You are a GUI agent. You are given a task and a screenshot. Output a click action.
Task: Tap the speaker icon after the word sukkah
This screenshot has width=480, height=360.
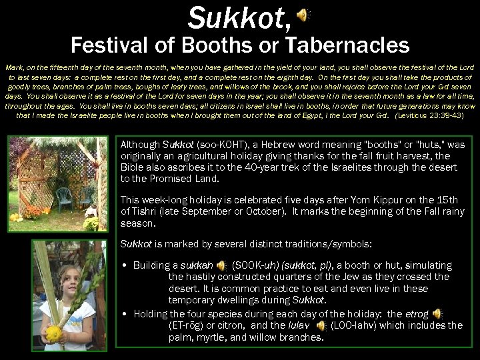[x=221, y=265]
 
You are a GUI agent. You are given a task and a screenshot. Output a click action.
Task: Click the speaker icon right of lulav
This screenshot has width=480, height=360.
[x=321, y=325]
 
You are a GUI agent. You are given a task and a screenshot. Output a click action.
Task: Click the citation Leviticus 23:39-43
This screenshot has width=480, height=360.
[x=429, y=115]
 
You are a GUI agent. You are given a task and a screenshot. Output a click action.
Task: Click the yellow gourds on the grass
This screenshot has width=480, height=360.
[x=17, y=217]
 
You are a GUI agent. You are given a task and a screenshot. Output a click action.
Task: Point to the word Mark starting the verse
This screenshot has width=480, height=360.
[x=15, y=68]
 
